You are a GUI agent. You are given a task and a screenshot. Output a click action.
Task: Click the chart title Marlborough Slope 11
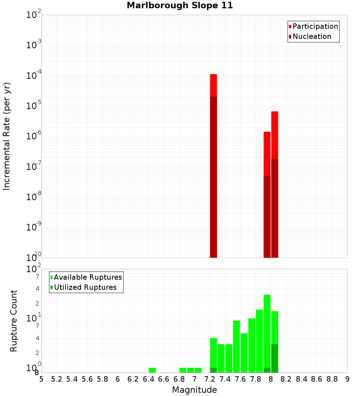pos(180,5)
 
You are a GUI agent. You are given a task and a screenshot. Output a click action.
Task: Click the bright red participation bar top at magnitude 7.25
pos(213,85)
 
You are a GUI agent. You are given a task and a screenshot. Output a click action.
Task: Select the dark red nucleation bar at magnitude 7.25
pos(213,176)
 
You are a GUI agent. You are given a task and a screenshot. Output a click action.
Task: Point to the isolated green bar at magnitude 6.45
pos(152,370)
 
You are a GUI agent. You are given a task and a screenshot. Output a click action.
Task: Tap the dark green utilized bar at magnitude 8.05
pos(275,358)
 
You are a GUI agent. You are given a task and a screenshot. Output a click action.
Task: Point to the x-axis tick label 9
pos(347,379)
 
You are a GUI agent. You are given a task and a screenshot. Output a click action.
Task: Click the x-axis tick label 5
pos(41,379)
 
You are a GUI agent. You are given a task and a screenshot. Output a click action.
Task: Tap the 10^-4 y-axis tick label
pos(34,76)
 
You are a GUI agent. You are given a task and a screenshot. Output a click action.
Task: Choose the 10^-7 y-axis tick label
pos(34,167)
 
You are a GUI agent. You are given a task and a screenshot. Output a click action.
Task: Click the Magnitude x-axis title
pos(194,390)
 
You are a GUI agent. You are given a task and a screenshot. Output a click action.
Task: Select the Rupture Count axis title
pos(14,321)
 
